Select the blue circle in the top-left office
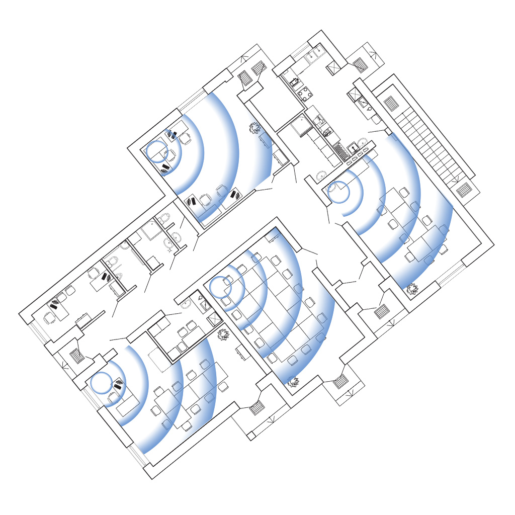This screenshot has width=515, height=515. [156, 151]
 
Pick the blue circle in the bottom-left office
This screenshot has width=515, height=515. [102, 383]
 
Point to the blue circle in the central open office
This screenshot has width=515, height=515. [220, 287]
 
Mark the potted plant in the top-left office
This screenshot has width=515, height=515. [255, 128]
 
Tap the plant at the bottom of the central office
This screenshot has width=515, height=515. [293, 382]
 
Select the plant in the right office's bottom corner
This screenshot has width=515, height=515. [412, 289]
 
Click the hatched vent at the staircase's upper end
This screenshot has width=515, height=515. [391, 104]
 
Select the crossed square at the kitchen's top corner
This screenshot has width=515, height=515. [333, 68]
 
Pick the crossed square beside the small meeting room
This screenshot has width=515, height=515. [214, 319]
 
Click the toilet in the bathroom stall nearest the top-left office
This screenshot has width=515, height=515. [163, 219]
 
